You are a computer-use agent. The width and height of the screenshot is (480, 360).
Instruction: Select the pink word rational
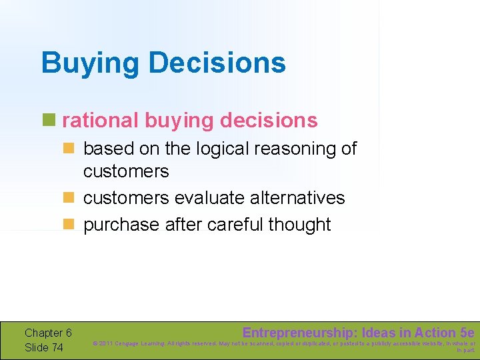(100, 121)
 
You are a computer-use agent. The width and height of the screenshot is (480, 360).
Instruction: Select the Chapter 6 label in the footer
(48, 333)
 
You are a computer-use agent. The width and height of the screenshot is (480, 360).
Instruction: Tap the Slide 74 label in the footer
(44, 347)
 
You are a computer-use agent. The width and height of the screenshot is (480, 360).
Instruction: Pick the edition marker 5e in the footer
(467, 332)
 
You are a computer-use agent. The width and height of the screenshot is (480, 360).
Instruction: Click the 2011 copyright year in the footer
(107, 344)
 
